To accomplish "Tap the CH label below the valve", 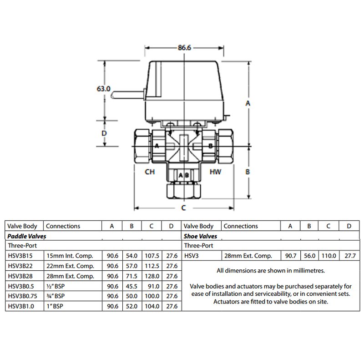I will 150,172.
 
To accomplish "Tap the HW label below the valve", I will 216,172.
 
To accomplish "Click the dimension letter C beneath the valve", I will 183,208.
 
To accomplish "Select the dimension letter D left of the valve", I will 104,134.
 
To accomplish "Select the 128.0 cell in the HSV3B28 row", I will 151,276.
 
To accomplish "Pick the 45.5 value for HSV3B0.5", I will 131,286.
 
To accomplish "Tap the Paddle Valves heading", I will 26,236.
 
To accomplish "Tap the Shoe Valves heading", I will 200,236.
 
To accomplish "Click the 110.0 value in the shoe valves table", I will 328,256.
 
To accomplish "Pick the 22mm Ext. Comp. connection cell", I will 70,266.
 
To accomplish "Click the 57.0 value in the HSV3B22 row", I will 131,266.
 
